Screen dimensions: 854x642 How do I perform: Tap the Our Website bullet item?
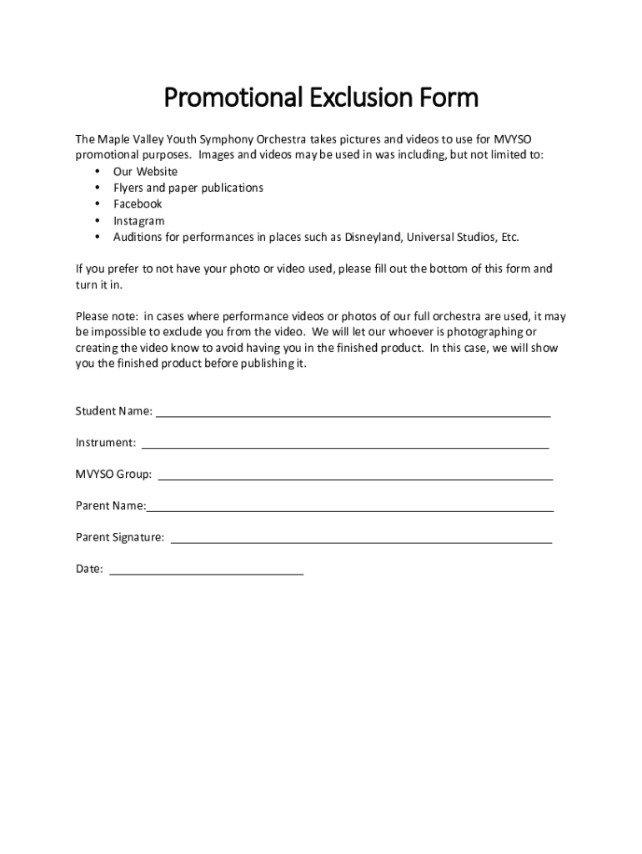[145, 172]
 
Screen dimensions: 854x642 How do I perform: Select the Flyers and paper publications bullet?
[188, 188]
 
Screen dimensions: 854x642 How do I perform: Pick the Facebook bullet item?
[138, 204]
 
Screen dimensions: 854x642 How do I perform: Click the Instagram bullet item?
[138, 221]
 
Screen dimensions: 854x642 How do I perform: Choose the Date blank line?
[206, 571]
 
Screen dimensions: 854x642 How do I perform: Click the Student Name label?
[113, 411]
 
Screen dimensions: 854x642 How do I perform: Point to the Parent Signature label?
[119, 538]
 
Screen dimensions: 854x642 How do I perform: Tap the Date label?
[89, 570]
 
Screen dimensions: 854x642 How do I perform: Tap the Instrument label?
[106, 443]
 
